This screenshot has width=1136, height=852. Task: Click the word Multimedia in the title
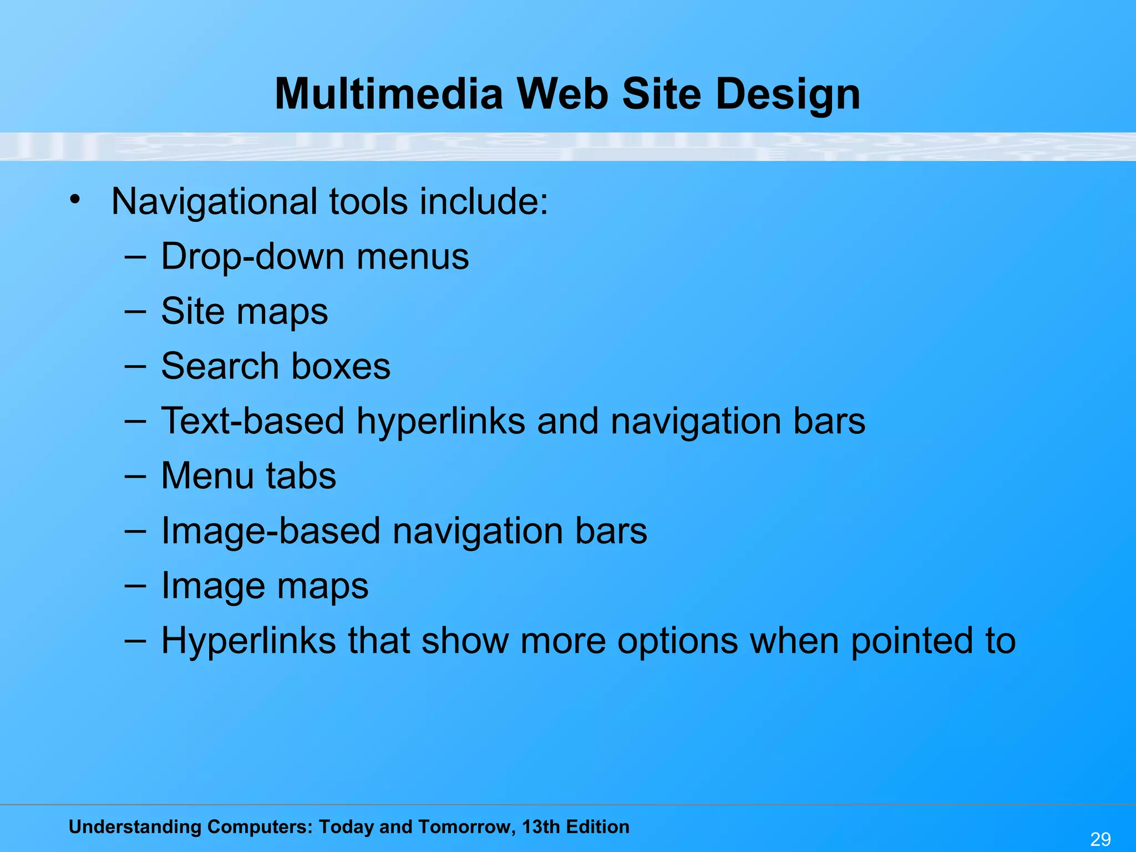click(388, 94)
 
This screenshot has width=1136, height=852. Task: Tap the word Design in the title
click(788, 95)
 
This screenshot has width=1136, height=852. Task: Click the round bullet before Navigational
click(75, 199)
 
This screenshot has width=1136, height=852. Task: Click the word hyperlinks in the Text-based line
click(440, 421)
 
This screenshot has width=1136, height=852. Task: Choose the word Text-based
click(252, 421)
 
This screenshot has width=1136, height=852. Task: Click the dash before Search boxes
click(135, 366)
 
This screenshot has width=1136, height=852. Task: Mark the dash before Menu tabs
click(135, 476)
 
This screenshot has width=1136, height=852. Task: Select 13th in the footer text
click(541, 827)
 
